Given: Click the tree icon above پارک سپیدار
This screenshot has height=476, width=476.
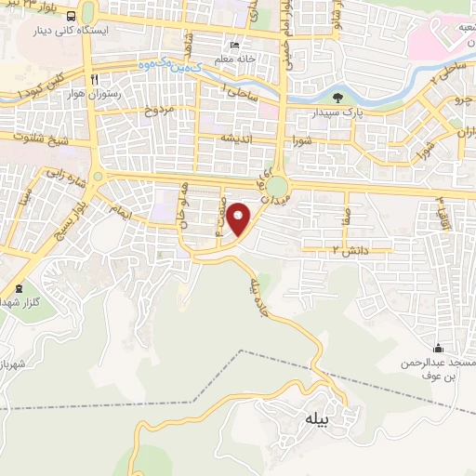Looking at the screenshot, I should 336,97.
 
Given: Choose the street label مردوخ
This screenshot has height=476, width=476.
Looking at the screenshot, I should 160,111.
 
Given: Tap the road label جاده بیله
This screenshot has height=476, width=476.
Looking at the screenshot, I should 262,296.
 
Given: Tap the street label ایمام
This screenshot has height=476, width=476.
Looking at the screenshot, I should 119,216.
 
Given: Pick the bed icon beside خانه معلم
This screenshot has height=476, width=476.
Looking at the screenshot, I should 234,45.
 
